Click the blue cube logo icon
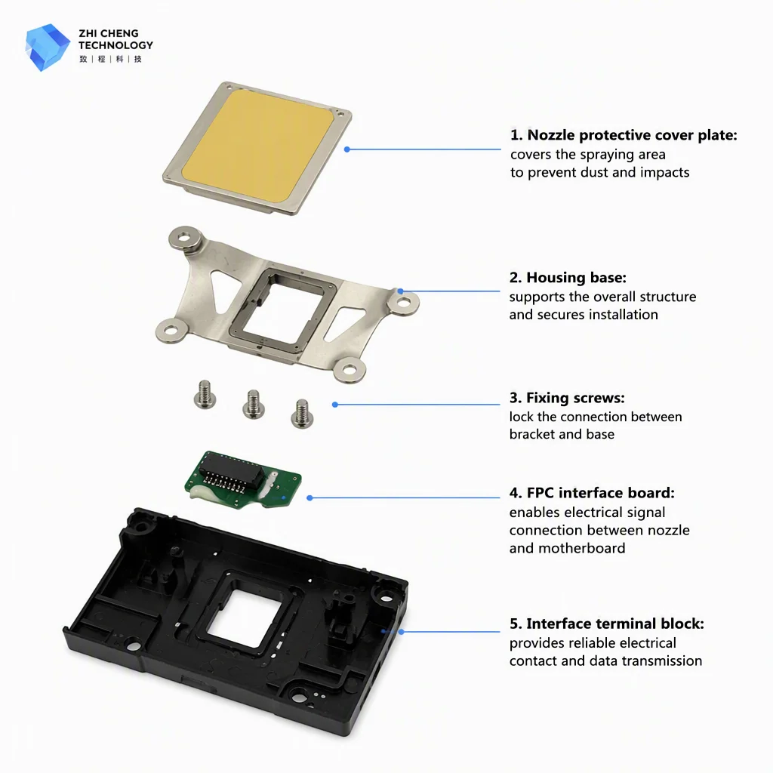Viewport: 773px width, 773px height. click(48, 47)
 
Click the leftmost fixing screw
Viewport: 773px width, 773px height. click(205, 395)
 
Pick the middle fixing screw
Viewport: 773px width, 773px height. click(254, 405)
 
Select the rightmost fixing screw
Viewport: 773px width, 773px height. click(302, 414)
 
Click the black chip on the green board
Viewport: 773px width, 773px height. click(231, 473)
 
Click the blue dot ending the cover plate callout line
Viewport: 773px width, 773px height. click(347, 149)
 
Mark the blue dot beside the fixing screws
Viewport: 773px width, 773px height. click(335, 405)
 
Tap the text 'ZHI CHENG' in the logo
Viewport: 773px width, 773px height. click(109, 33)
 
